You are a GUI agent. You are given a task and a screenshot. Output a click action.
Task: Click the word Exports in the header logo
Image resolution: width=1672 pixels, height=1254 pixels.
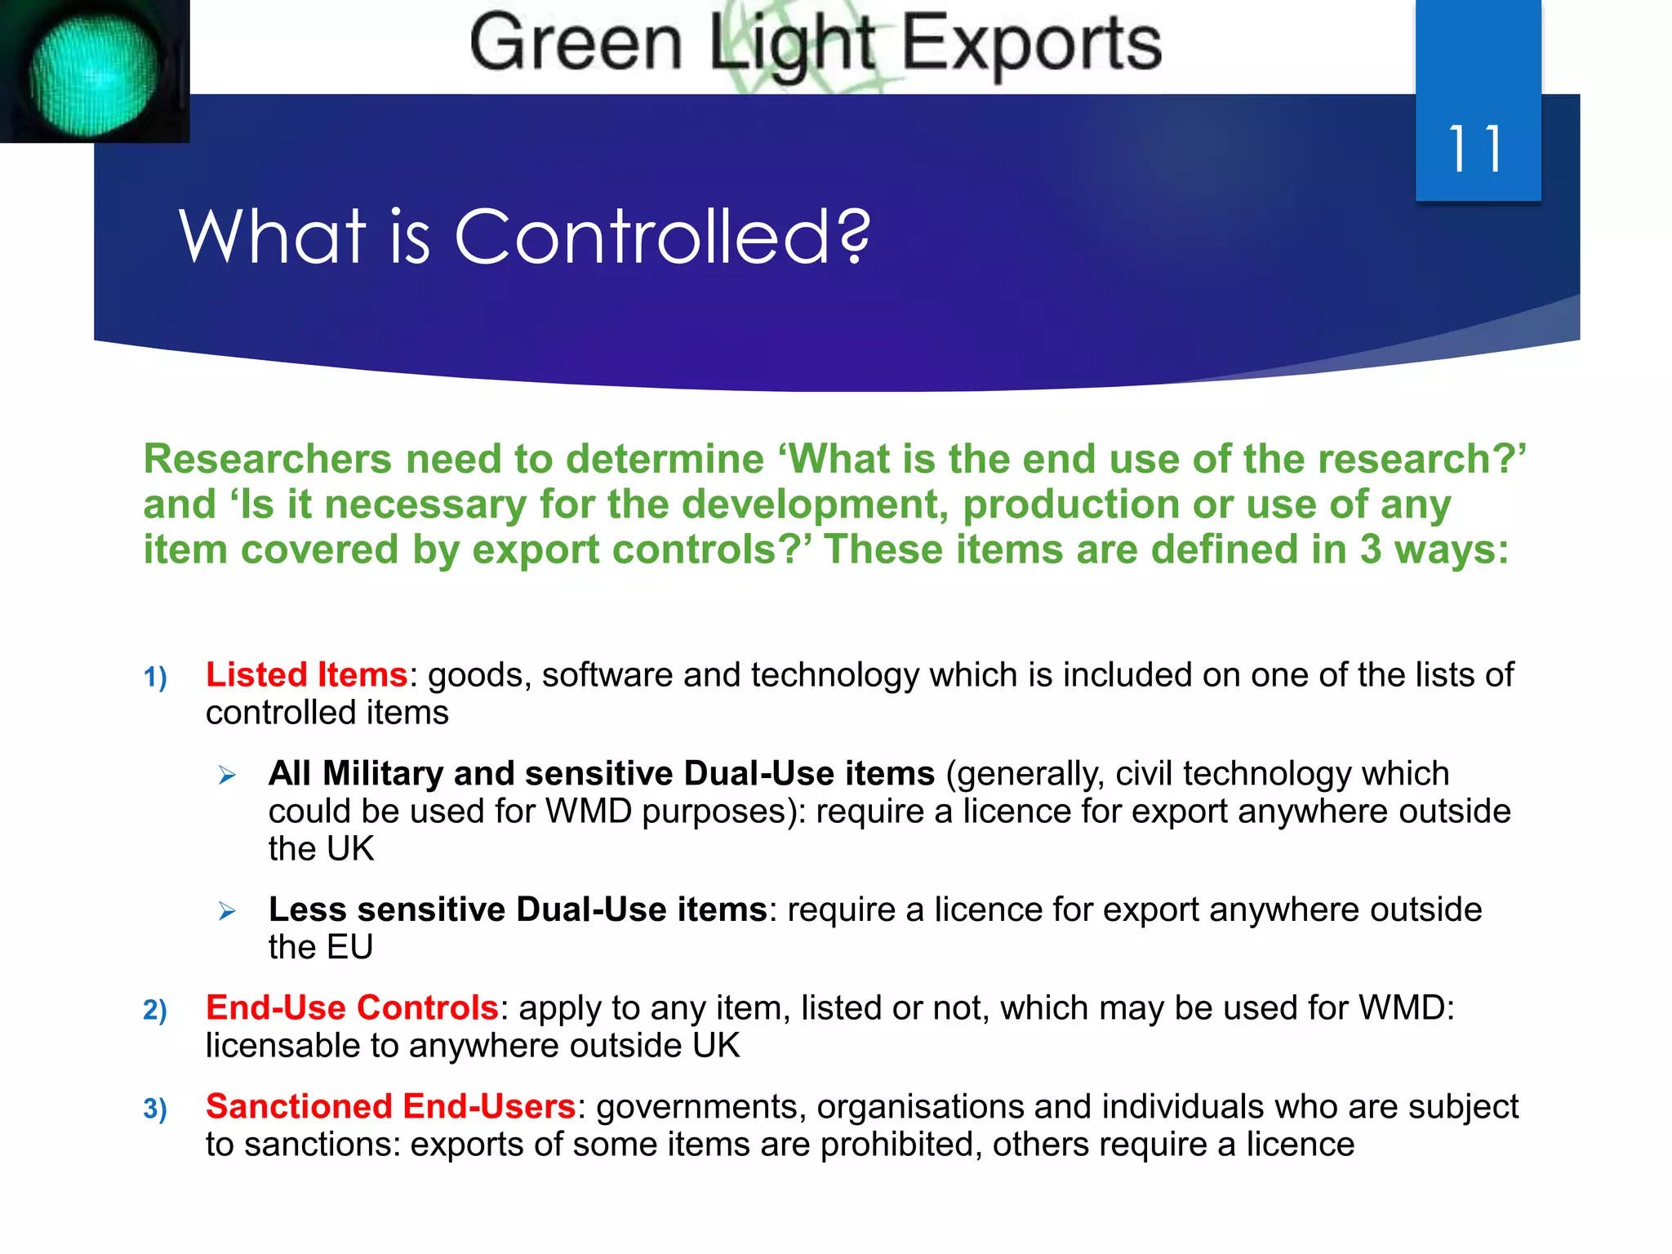(x=1031, y=44)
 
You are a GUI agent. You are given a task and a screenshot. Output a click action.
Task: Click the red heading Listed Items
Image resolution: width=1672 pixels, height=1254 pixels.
(x=306, y=675)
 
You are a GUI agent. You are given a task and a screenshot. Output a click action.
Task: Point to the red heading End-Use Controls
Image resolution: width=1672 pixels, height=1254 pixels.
(x=352, y=1008)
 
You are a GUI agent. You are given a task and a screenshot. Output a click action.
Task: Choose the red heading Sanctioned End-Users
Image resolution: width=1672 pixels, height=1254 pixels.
(x=391, y=1107)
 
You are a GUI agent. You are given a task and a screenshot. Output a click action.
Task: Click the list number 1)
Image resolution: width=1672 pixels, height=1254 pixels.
(x=155, y=678)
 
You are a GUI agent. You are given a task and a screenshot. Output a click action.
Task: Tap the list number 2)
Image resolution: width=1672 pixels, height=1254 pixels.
(x=155, y=1011)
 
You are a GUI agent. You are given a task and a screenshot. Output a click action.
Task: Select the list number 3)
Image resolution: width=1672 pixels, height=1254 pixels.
(x=155, y=1109)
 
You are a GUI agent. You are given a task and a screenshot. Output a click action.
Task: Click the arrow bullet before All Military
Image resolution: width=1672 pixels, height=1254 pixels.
(x=227, y=776)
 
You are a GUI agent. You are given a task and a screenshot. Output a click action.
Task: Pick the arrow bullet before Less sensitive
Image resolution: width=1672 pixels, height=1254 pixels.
(x=227, y=911)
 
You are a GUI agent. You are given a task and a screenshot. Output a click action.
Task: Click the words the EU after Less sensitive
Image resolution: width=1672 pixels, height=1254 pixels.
(x=321, y=948)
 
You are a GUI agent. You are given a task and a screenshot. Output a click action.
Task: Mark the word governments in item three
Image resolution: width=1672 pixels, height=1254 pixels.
(x=700, y=1108)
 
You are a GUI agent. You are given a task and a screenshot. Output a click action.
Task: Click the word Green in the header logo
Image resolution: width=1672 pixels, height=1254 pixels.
(x=576, y=44)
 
